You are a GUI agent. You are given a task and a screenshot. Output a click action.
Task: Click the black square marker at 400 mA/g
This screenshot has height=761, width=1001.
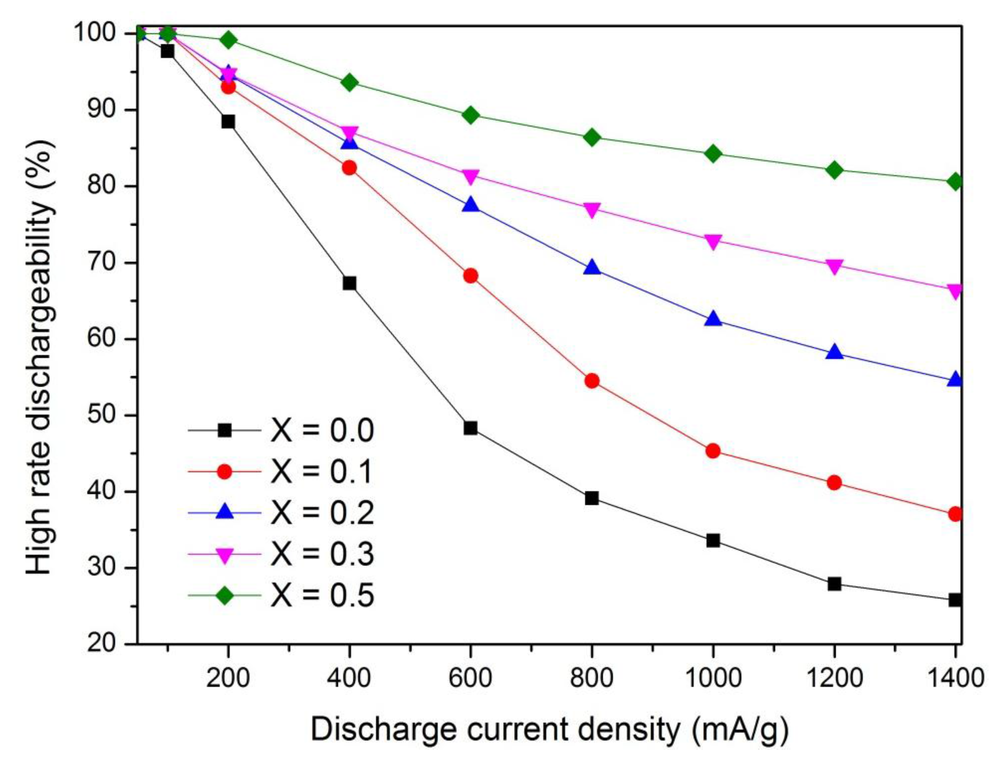click(x=349, y=283)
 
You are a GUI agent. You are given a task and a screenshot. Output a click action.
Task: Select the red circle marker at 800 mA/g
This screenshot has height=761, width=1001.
click(x=592, y=380)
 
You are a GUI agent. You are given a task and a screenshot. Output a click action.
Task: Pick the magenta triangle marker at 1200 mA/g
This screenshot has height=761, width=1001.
click(x=834, y=266)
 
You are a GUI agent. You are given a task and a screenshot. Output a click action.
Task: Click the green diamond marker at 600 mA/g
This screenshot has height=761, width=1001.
click(x=471, y=115)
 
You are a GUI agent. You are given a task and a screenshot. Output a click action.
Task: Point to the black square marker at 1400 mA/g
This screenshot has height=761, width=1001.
click(x=955, y=600)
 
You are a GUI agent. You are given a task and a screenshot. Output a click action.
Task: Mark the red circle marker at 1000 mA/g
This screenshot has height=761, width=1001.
click(x=713, y=451)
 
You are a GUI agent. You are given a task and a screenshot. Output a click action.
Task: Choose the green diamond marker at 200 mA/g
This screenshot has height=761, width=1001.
click(x=228, y=40)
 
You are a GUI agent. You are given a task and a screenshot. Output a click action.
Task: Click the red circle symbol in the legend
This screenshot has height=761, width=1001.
click(x=224, y=471)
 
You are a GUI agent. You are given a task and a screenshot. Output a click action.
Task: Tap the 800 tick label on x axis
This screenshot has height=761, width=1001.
click(x=591, y=679)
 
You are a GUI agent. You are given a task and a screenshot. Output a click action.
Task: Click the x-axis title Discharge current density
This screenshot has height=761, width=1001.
click(x=549, y=730)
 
